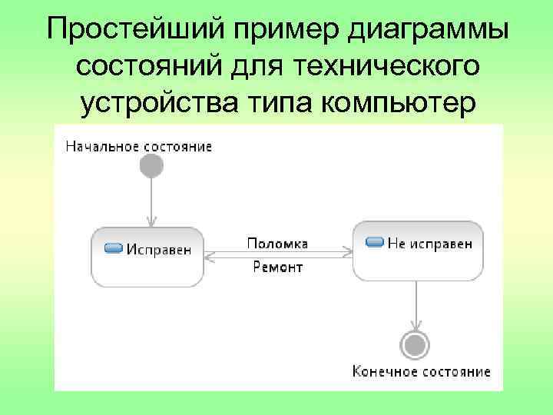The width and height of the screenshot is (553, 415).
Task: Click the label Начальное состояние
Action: click(139, 145)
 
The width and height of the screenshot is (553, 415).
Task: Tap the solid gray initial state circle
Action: click(152, 166)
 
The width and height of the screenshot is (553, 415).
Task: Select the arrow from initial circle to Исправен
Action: click(152, 201)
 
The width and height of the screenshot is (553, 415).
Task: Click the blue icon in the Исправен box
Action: click(114, 247)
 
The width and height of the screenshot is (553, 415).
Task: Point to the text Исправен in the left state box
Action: click(159, 248)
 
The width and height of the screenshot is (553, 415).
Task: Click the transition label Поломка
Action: click(277, 244)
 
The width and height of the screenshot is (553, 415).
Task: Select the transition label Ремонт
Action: click(278, 267)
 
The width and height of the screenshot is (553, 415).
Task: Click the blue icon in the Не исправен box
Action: click(375, 242)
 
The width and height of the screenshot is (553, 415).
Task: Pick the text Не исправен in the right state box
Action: click(429, 243)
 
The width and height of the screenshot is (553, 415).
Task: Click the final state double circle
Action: click(416, 344)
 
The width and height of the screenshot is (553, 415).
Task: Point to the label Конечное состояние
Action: click(421, 371)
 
